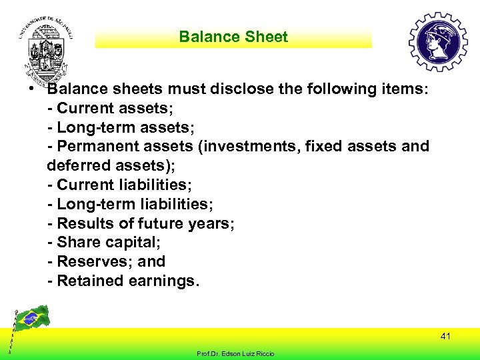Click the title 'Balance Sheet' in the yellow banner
(x=233, y=37)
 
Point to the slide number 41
(x=445, y=337)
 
